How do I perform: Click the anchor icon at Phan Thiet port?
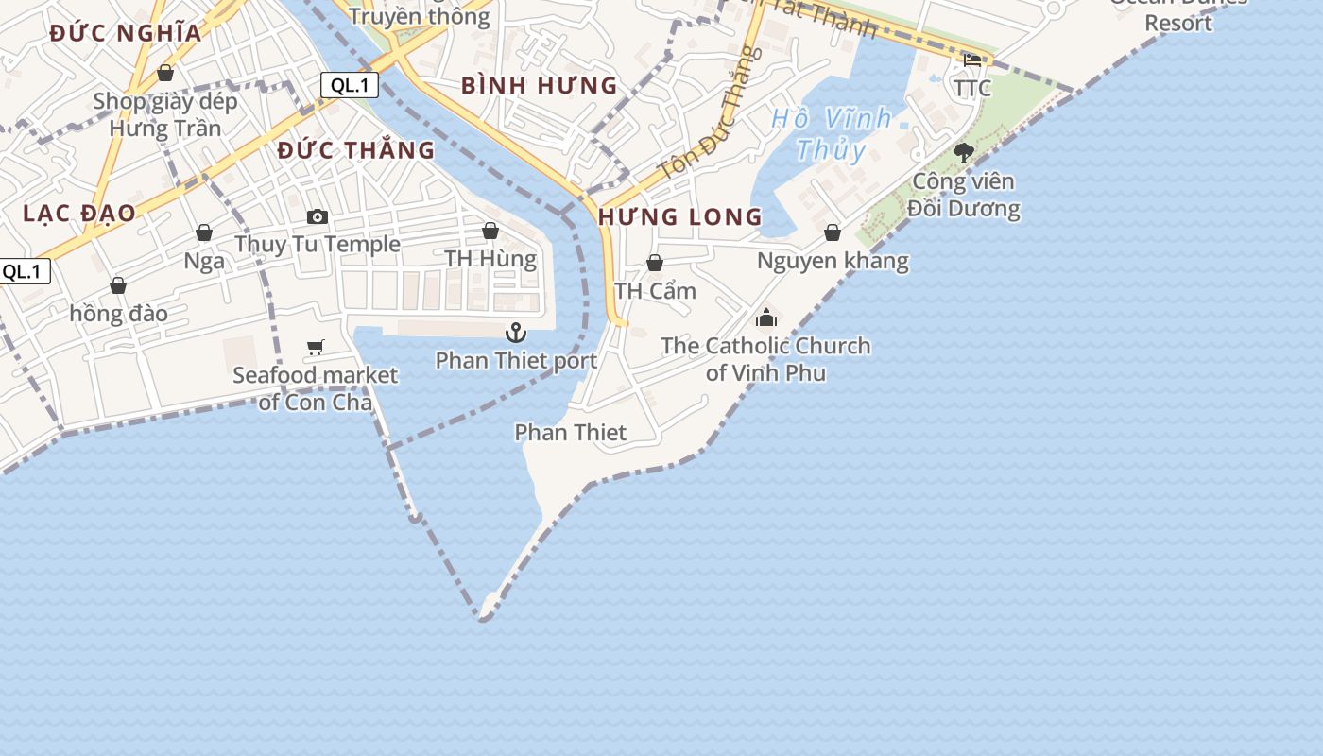(515, 332)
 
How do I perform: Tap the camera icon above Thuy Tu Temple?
(318, 216)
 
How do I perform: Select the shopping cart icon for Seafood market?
(316, 348)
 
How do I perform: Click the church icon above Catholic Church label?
(765, 318)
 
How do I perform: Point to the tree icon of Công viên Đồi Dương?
(963, 152)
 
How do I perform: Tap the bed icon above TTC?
(972, 60)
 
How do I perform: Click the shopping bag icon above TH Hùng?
(490, 231)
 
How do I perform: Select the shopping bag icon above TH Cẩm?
(654, 263)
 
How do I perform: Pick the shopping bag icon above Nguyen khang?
(833, 232)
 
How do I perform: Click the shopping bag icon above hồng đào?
(118, 285)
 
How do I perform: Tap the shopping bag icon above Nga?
(204, 232)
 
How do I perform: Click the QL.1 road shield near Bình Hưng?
(350, 85)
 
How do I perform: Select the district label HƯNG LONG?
(679, 216)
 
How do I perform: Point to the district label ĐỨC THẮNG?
(356, 150)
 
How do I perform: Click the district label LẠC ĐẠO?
(79, 213)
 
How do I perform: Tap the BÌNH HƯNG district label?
(539, 86)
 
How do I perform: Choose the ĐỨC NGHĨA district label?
(126, 33)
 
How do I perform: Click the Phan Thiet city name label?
(570, 433)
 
